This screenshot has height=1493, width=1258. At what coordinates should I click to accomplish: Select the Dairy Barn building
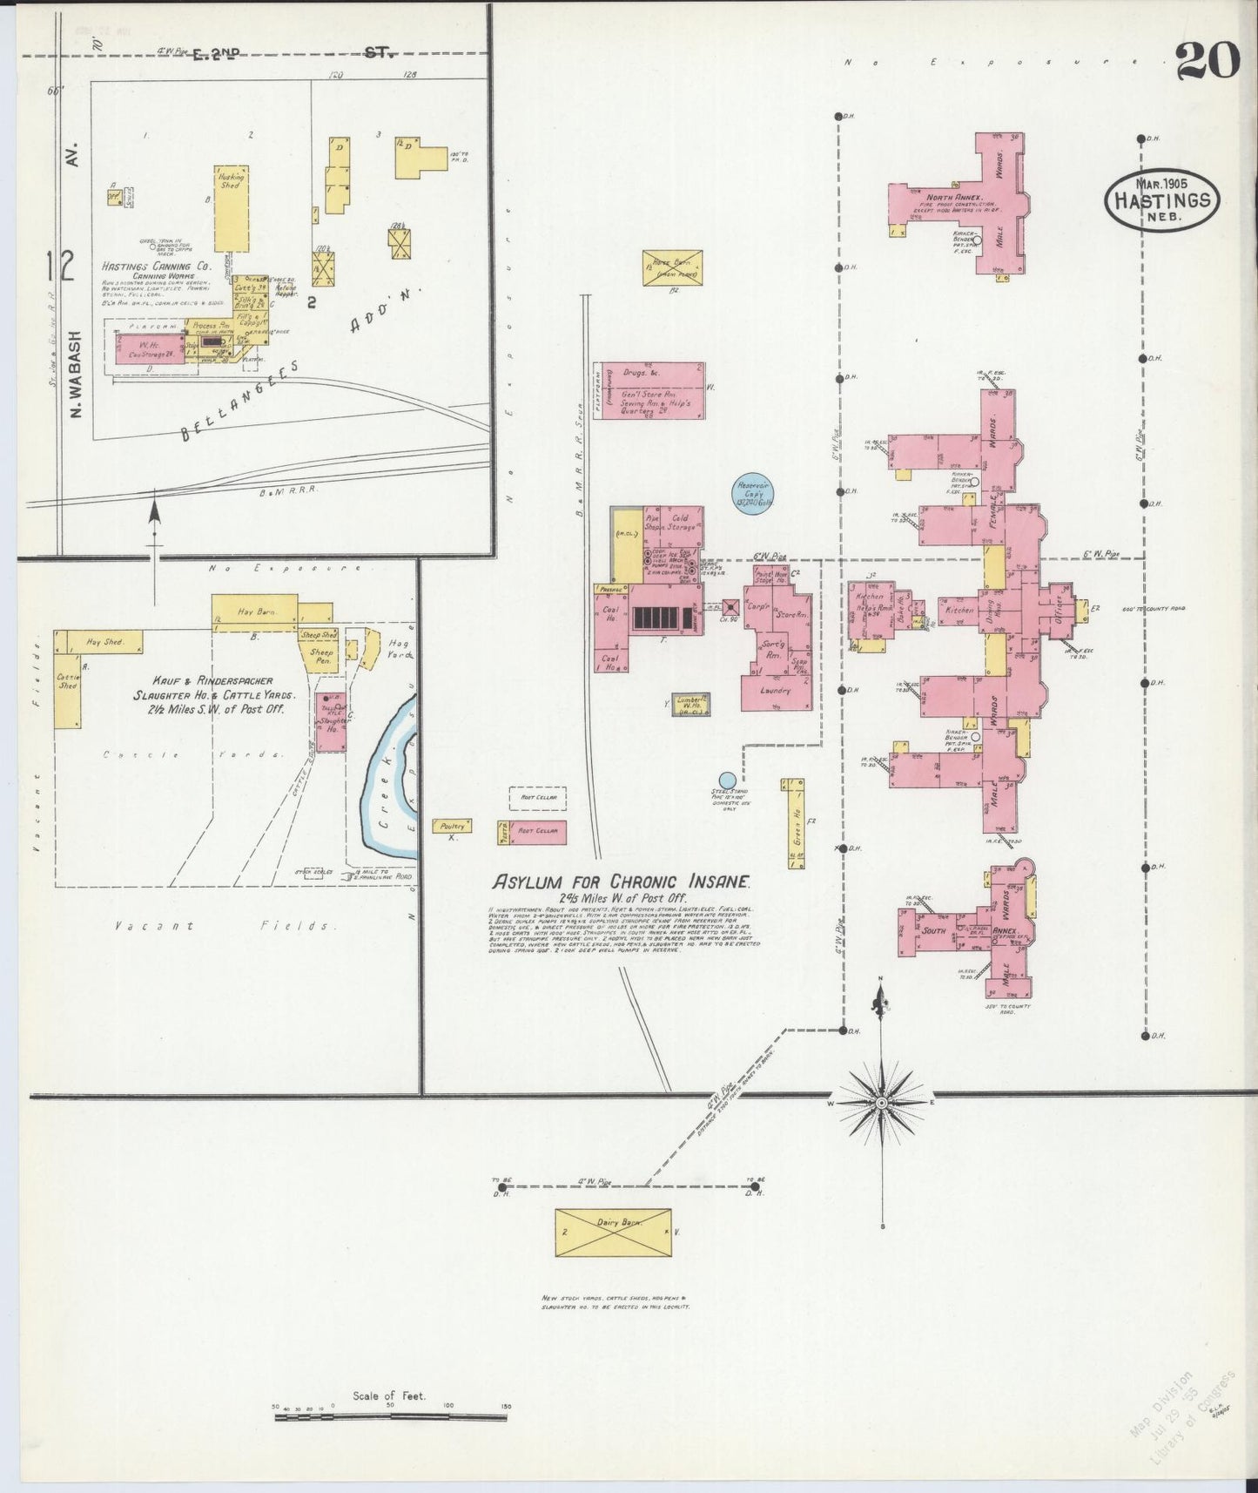(614, 1232)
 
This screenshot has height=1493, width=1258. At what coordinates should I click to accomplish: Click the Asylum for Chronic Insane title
(622, 881)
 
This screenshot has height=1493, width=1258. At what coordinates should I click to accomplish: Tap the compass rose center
(882, 1103)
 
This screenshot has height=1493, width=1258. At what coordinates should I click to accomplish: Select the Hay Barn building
(254, 611)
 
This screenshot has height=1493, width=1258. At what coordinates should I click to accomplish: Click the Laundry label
(775, 691)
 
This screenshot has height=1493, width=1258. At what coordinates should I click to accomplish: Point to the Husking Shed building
(231, 208)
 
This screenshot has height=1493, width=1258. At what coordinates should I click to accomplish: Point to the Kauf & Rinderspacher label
(203, 681)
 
